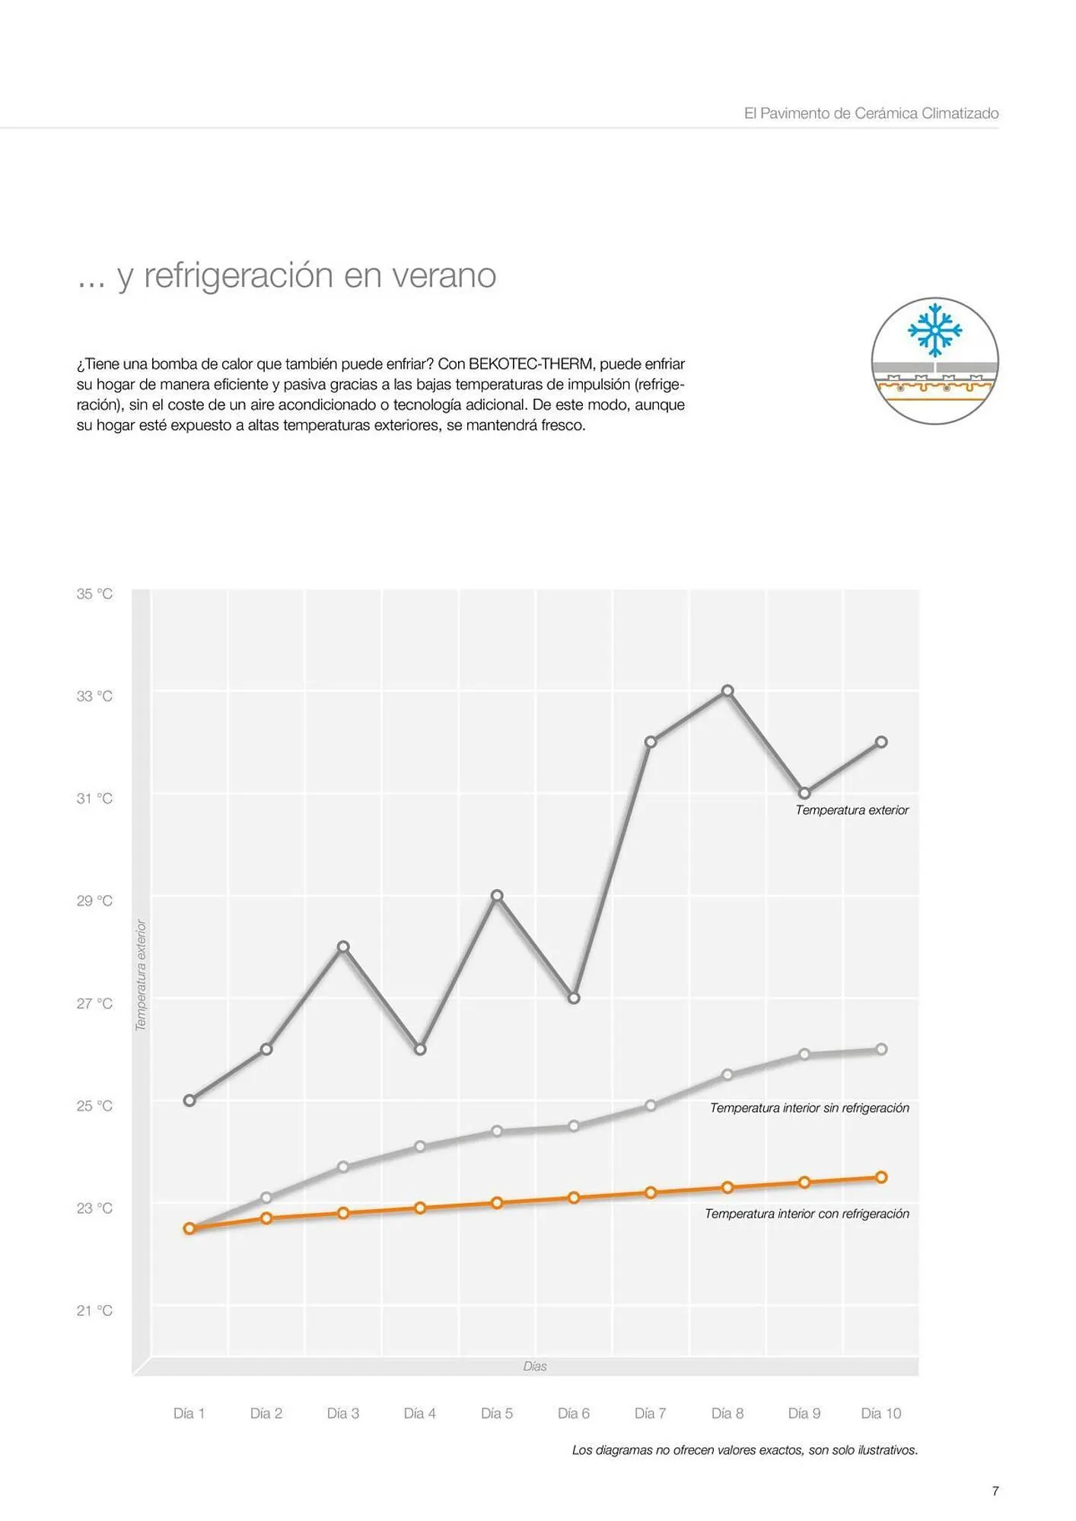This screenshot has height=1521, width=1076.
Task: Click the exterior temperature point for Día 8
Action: (x=727, y=691)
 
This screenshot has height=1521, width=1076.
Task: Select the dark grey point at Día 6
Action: (x=574, y=998)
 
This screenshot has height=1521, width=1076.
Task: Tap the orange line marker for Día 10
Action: (x=881, y=1177)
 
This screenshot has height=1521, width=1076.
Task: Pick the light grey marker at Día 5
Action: (x=497, y=1131)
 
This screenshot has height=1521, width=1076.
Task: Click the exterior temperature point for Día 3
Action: (x=343, y=947)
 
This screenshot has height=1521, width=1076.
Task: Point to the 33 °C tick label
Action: (x=94, y=696)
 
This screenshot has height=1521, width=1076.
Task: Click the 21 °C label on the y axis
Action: (x=94, y=1310)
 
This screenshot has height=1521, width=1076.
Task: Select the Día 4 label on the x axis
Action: (x=419, y=1413)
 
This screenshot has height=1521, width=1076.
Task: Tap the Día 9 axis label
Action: (x=804, y=1413)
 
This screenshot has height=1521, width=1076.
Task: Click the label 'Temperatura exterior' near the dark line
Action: (x=852, y=810)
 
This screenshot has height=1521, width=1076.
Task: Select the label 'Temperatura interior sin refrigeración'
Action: (x=809, y=1108)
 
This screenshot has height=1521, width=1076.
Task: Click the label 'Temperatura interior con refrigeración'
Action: (x=807, y=1214)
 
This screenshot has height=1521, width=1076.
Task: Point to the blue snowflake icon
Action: (x=934, y=330)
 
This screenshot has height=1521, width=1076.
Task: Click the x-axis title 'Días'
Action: (x=535, y=1367)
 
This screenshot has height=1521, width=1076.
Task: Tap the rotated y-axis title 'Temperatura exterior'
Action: (x=141, y=975)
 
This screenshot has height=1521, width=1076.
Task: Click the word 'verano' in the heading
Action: (x=444, y=275)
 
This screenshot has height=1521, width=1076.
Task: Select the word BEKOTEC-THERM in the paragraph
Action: (x=530, y=364)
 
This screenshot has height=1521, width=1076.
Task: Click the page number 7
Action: (x=995, y=1491)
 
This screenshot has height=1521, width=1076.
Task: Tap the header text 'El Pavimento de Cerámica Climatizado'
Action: (x=871, y=113)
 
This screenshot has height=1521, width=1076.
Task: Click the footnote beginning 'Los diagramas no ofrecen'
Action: (x=744, y=1450)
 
